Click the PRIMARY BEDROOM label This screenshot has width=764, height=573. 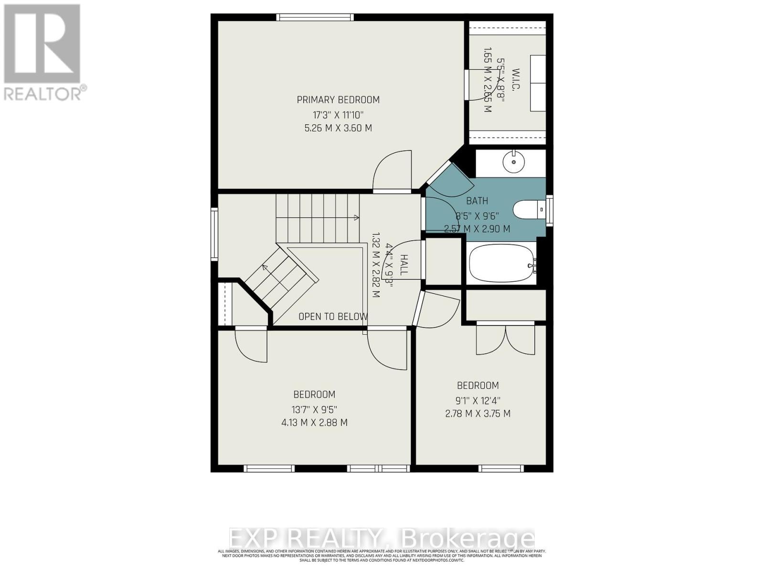pos(338,100)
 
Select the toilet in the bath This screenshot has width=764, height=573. pos(528,209)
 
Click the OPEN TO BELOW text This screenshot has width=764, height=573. pos(333,317)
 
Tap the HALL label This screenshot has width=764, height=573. pos(404,265)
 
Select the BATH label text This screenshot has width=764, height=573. pos(477,201)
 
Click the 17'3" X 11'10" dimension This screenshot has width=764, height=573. pos(338,115)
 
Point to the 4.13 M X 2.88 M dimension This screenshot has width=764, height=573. pos(314,423)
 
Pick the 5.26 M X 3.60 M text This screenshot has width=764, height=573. pos(338,128)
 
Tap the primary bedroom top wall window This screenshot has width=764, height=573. pos(315,18)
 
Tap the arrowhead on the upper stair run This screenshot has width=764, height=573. pos(356,218)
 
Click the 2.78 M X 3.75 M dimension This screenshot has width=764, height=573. pos(478,414)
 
